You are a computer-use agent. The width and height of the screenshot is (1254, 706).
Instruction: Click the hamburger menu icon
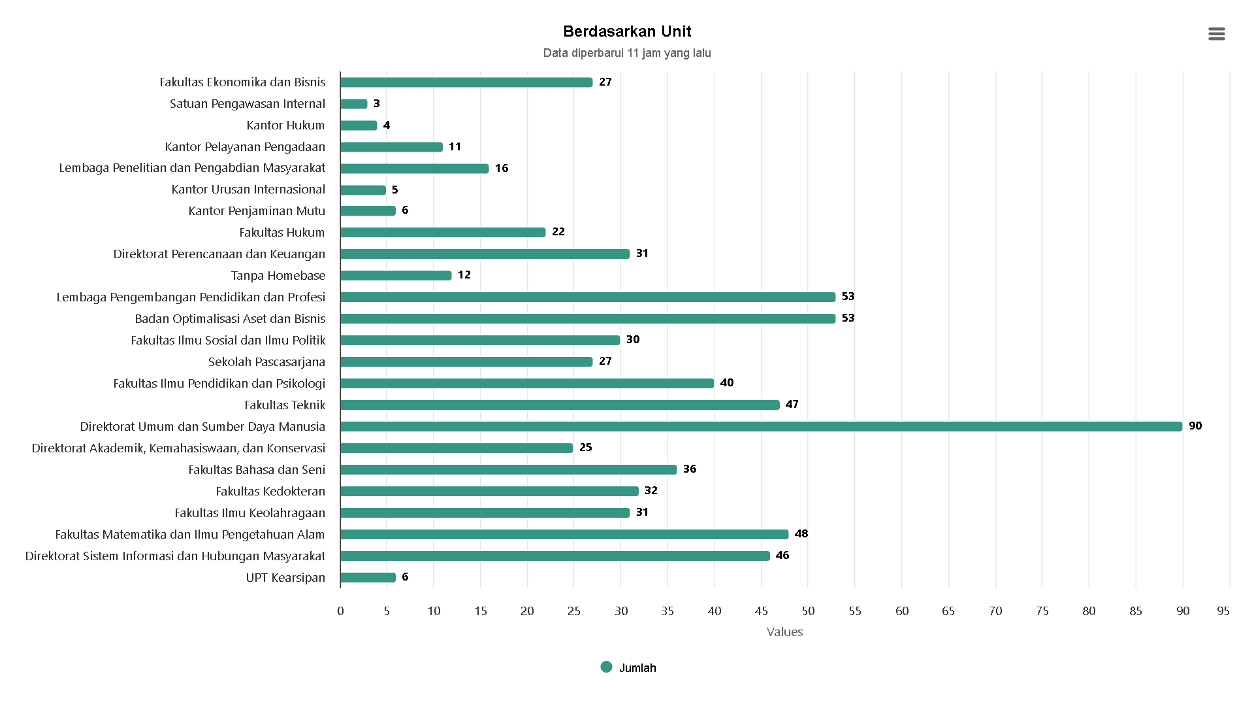[x=1216, y=34]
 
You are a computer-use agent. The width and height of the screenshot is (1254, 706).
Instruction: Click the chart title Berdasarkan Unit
[x=627, y=31]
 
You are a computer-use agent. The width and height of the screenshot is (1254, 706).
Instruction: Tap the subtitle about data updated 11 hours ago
[x=627, y=53]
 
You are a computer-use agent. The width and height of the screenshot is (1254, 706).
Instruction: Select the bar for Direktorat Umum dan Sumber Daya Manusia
[x=761, y=426]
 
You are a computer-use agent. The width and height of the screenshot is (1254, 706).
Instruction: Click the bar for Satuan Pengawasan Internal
[x=354, y=104]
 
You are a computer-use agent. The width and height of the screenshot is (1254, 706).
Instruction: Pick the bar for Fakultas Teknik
[x=560, y=405]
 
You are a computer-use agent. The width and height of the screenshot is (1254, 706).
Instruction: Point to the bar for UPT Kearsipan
[x=368, y=577]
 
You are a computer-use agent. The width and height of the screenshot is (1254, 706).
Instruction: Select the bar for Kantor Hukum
[x=359, y=126]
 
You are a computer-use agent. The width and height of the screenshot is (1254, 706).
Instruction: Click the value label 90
[x=1195, y=426]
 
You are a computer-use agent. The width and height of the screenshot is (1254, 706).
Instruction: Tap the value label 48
[x=801, y=533]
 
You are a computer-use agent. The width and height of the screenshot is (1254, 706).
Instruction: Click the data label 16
[x=501, y=168]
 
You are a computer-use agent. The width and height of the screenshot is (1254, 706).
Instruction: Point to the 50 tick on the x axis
[x=808, y=611]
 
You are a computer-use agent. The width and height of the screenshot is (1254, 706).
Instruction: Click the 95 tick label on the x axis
[x=1223, y=611]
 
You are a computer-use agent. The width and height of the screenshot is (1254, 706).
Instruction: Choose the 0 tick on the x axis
[x=340, y=611]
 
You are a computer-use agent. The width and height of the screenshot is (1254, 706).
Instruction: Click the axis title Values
[x=784, y=631]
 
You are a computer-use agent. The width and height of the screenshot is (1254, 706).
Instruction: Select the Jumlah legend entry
[x=628, y=667]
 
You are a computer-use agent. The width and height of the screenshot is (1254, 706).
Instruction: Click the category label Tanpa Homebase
[x=278, y=276]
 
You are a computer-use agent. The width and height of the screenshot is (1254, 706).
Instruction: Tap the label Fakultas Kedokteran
[x=270, y=492]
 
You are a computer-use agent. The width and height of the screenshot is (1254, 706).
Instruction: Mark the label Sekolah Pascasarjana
[x=266, y=362]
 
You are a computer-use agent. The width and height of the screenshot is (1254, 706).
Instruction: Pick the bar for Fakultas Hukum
[x=443, y=233]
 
